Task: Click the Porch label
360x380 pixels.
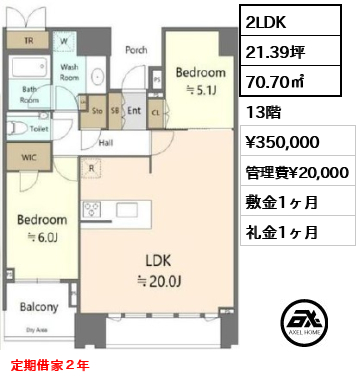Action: tap(136, 49)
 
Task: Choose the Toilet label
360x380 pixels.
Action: tap(39, 129)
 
